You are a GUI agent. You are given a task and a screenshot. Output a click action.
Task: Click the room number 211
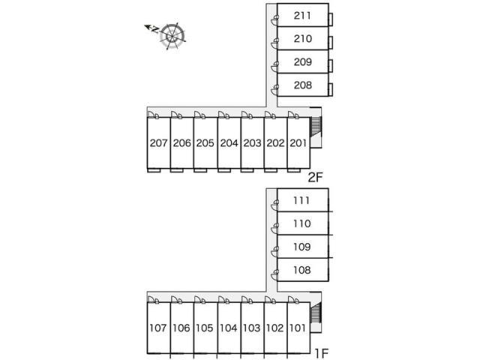click(302, 14)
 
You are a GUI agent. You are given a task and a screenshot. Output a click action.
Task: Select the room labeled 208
click(302, 85)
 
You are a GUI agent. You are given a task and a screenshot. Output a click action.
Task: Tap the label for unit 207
click(158, 142)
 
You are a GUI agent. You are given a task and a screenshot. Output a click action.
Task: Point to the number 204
click(229, 142)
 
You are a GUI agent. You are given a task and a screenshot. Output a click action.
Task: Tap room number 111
click(302, 200)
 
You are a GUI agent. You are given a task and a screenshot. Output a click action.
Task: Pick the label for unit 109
click(302, 247)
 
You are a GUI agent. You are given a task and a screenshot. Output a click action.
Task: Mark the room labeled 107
click(158, 327)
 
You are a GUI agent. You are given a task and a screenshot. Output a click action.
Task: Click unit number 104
click(229, 327)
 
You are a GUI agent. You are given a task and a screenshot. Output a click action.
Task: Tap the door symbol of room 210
click(276, 42)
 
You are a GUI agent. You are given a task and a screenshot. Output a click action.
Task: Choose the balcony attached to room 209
click(331, 63)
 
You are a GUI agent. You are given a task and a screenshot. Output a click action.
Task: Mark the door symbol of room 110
click(276, 227)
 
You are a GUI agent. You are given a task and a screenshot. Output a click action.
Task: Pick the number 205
click(205, 142)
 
